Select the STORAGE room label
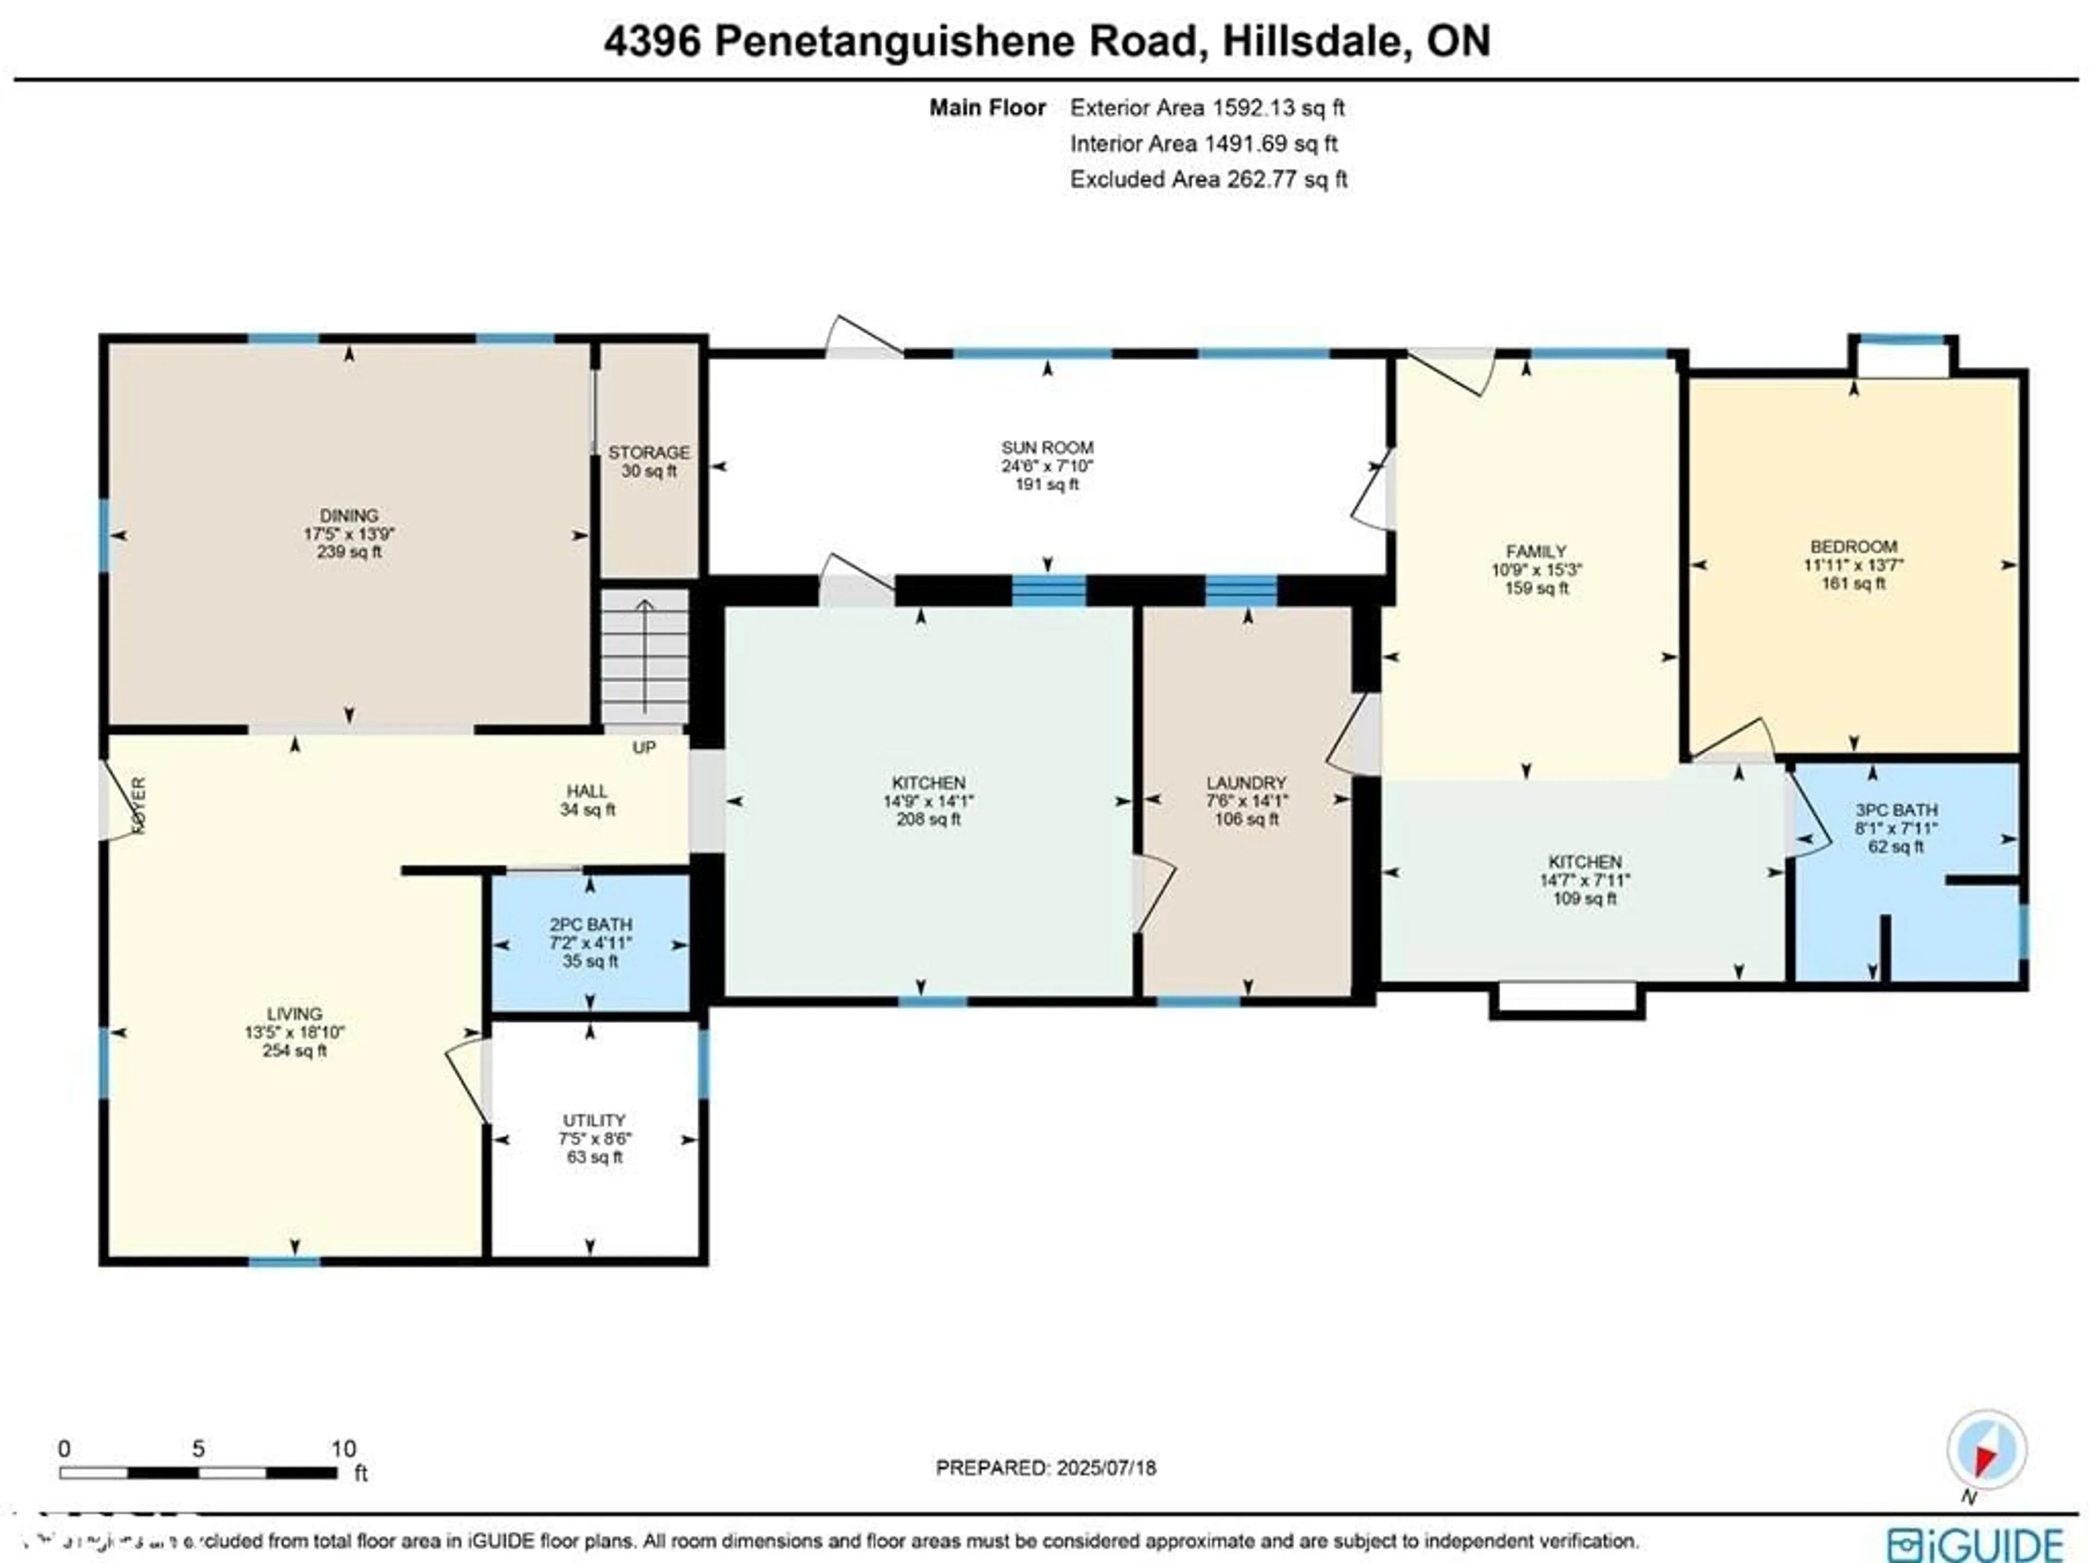(x=649, y=453)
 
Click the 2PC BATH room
(x=590, y=942)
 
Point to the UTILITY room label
(x=594, y=1120)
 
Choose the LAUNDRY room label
(x=1246, y=783)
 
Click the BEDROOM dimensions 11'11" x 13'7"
(x=1853, y=565)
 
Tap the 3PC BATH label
(x=1895, y=810)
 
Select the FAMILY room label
(x=1536, y=552)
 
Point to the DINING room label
(x=349, y=516)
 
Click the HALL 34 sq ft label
(x=588, y=800)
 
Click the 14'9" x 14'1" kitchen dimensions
(x=928, y=801)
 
